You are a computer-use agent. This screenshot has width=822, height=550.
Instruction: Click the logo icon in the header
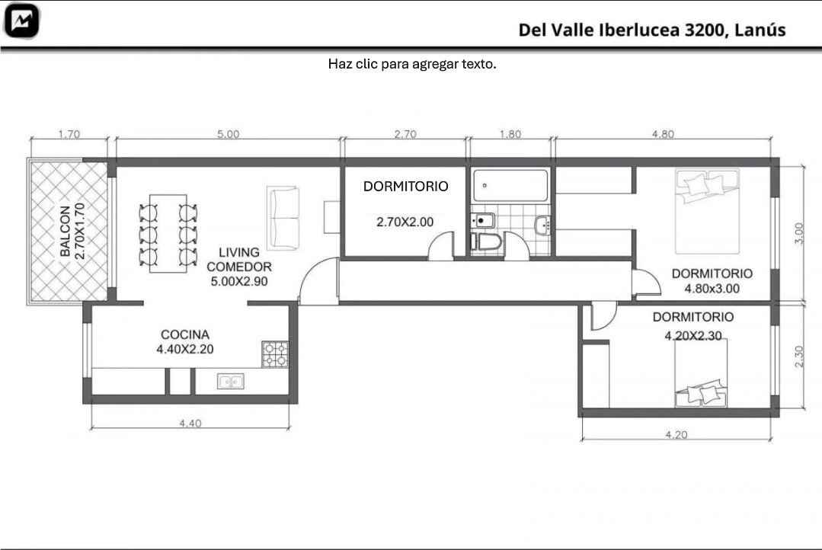(21, 21)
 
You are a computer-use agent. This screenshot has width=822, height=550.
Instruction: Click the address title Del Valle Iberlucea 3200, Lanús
(651, 30)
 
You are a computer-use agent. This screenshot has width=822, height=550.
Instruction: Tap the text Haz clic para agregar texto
(412, 64)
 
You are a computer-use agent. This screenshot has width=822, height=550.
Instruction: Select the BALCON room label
(65, 232)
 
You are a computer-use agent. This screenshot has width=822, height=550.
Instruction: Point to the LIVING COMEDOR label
(239, 260)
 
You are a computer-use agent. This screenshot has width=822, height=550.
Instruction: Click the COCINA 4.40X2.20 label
(185, 342)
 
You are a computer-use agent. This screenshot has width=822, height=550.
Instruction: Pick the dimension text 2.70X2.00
(405, 222)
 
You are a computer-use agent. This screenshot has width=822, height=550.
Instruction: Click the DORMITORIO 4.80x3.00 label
(712, 281)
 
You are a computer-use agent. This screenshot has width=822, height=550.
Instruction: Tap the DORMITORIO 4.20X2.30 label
(693, 326)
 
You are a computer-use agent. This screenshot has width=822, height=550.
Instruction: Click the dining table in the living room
(168, 233)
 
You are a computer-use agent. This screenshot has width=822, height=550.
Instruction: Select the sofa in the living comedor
(283, 218)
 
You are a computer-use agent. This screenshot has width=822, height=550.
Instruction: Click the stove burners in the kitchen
(275, 354)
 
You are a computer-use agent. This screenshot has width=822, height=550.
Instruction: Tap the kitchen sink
(231, 382)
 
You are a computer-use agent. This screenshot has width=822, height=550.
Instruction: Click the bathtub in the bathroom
(510, 185)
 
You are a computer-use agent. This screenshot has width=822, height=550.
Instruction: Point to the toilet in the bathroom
(487, 242)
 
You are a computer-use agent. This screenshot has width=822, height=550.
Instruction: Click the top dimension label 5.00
(228, 134)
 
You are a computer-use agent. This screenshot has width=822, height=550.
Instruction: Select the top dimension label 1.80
(510, 134)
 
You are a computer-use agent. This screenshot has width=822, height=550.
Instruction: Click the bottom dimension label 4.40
(190, 423)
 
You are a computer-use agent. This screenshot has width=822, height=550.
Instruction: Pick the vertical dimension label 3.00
(798, 233)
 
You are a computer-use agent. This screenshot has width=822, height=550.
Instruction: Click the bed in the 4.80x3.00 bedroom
(707, 211)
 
